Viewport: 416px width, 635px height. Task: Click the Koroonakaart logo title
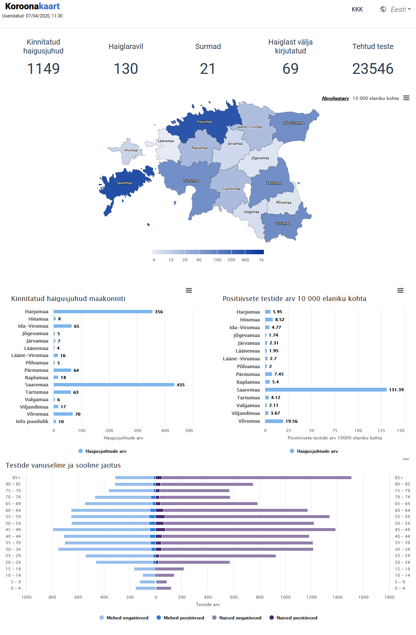[x=33, y=6]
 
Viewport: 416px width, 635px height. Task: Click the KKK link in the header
[x=357, y=10]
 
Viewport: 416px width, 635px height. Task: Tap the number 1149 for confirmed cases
[x=43, y=69]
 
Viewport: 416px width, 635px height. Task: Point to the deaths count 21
[x=208, y=69]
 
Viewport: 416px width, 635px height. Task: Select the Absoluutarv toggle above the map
[x=335, y=98]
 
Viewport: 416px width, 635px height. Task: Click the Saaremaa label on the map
[x=124, y=183]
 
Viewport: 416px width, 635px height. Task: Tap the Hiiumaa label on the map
[x=131, y=150]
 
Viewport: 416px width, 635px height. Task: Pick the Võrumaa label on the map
[x=283, y=223]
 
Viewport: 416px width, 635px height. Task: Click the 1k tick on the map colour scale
[x=261, y=260]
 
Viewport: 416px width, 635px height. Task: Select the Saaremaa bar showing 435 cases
[x=114, y=385]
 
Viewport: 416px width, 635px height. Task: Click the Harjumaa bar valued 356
[x=103, y=312]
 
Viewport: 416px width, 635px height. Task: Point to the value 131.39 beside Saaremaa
[x=396, y=390]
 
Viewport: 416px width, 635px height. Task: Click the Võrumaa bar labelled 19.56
[x=274, y=421]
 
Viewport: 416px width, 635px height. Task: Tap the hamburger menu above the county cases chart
[x=189, y=291]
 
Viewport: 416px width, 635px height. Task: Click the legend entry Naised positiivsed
[x=297, y=618]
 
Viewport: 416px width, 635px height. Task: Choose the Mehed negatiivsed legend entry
[x=127, y=618]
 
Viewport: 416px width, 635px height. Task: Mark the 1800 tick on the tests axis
[x=389, y=597]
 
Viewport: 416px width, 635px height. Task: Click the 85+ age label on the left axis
[x=16, y=478]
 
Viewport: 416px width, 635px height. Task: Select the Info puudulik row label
[x=32, y=422]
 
